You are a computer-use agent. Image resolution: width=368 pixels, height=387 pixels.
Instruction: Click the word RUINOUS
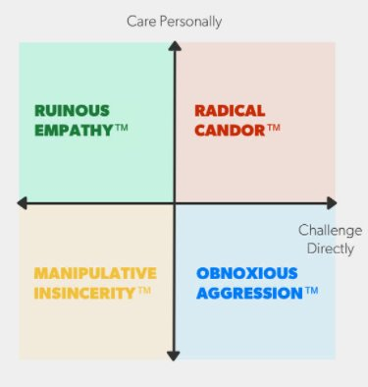tap(72, 111)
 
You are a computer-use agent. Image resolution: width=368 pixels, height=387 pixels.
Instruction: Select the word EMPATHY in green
tap(74, 130)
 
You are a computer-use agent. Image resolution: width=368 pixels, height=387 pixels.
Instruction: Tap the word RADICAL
tap(230, 111)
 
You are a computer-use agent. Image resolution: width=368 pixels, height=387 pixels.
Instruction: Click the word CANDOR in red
tap(230, 130)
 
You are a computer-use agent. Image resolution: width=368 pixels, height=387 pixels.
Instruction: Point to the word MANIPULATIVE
tap(95, 273)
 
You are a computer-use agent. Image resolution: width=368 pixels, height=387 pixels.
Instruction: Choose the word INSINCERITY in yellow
tap(84, 293)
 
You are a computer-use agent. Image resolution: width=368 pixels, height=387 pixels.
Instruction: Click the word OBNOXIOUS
tap(247, 273)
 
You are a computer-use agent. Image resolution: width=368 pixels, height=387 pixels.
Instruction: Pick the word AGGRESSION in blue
tap(249, 293)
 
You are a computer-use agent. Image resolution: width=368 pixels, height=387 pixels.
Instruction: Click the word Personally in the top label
tap(191, 23)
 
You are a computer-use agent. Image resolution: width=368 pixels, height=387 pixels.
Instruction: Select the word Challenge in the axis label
tap(330, 231)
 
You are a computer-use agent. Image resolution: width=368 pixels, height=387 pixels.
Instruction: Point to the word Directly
tap(331, 249)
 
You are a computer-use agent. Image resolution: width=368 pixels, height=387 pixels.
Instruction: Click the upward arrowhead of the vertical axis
tap(175, 46)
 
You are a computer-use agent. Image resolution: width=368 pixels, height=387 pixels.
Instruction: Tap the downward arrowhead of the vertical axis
tap(174, 356)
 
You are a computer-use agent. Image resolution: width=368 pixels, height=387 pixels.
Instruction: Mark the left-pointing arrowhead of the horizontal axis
tap(22, 203)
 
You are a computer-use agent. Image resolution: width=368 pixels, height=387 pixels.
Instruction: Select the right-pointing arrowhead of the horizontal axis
tap(332, 203)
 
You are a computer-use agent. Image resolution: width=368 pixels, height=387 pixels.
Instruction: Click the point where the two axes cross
tap(175, 203)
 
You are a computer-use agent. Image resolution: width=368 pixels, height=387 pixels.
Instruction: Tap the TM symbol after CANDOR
tap(274, 127)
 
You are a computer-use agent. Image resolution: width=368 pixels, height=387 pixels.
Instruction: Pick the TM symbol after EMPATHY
tap(122, 127)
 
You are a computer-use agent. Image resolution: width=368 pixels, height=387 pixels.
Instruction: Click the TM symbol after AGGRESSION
tap(312, 290)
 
